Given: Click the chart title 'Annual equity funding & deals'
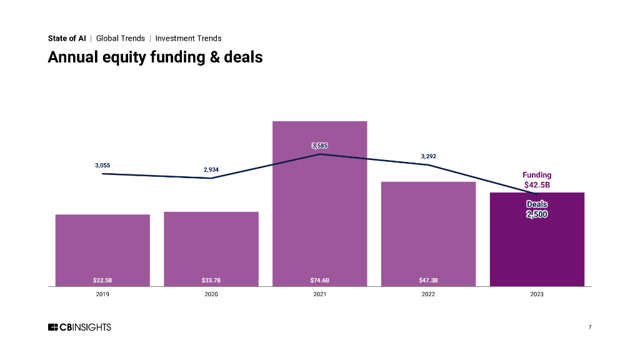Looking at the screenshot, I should click(155, 57).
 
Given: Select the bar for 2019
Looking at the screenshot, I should click(102, 250).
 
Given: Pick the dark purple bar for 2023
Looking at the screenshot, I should click(537, 250).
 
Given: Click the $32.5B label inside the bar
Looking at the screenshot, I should click(102, 280).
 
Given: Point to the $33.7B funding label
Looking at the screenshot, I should click(211, 280).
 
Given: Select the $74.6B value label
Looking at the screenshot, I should click(319, 280).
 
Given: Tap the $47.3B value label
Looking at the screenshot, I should click(428, 280).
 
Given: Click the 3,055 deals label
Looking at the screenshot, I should click(102, 165).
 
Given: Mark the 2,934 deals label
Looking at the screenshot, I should click(211, 169).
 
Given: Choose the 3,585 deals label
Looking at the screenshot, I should click(319, 146).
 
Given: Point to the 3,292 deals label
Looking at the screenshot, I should click(428, 156).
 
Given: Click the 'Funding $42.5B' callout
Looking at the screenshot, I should click(537, 180).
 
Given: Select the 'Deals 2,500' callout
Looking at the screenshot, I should click(537, 209).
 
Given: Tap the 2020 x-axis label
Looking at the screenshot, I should click(211, 294).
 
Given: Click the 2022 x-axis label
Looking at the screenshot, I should click(428, 294).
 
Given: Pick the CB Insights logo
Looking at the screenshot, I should click(79, 327).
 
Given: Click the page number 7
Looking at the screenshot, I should click(589, 327).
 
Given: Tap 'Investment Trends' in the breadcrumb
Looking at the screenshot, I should click(188, 38).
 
